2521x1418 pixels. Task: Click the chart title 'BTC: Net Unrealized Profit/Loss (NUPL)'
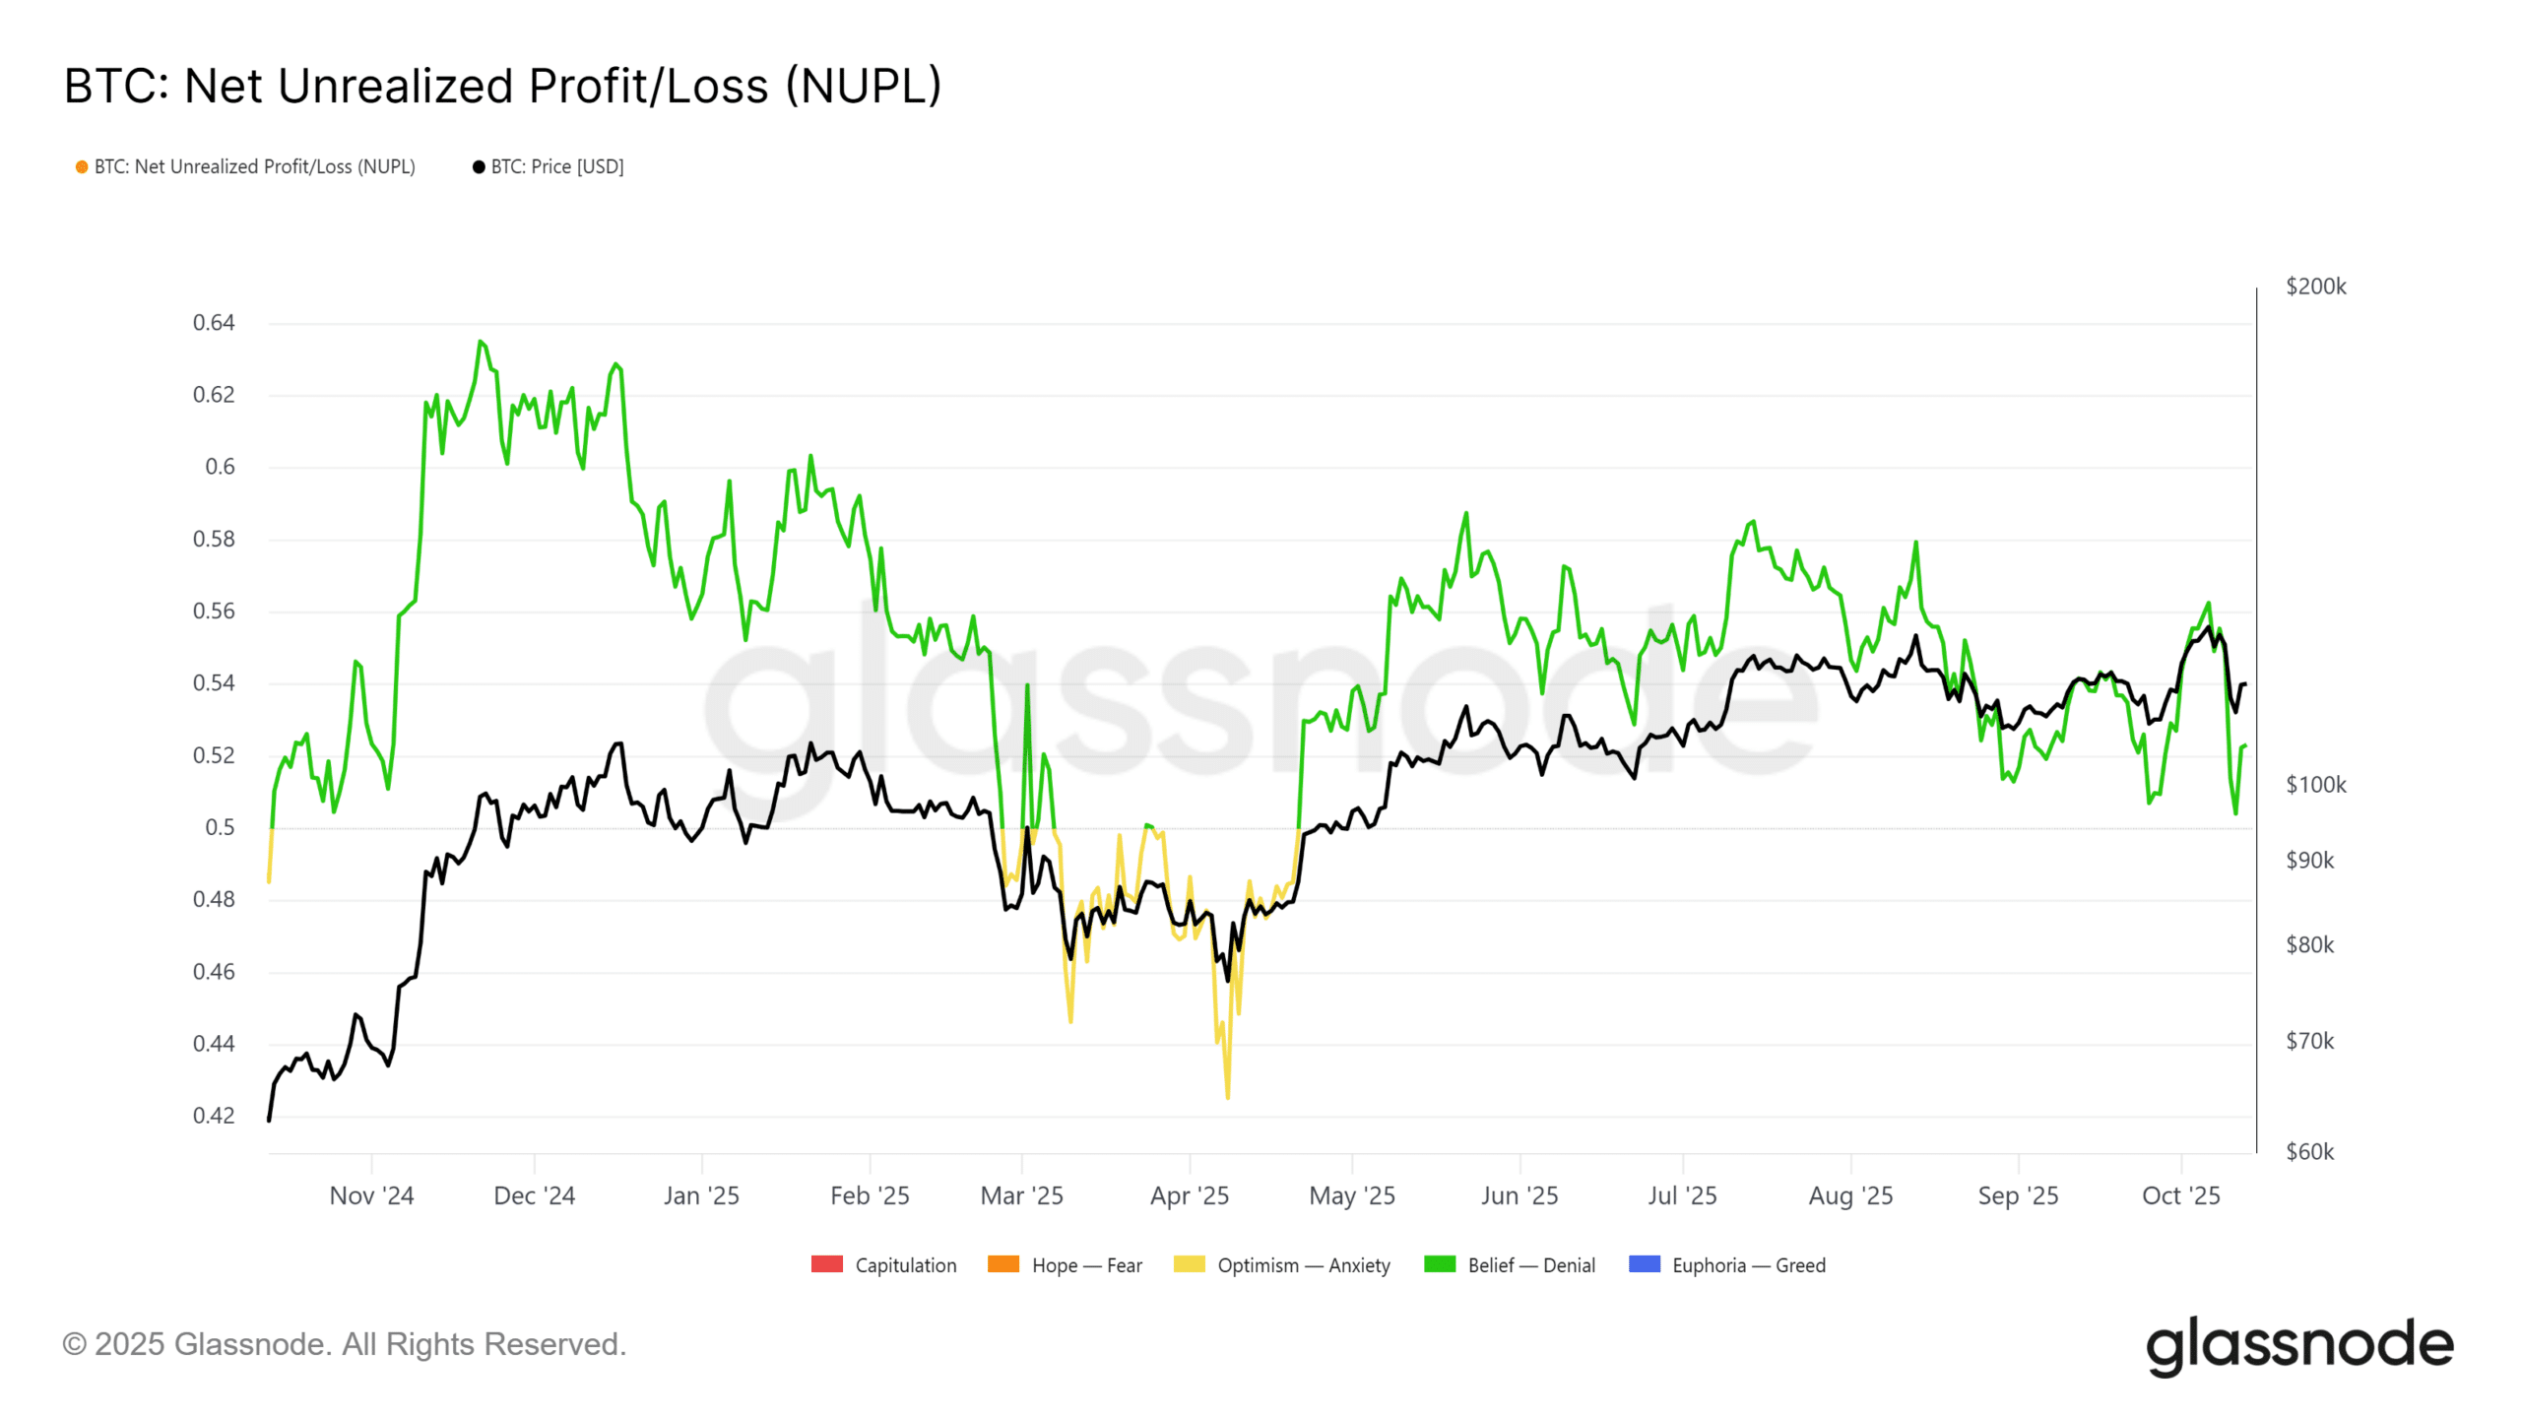(502, 86)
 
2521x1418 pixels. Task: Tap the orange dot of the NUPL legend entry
(82, 167)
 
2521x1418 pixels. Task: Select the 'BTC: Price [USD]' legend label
(556, 167)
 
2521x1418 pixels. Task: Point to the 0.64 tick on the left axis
(214, 323)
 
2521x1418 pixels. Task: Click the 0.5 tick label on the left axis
(220, 827)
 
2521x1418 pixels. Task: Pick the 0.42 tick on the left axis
(214, 1116)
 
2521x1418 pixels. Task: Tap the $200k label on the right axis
(2315, 287)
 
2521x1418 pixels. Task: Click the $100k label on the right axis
(2315, 785)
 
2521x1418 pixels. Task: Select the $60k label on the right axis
(2309, 1151)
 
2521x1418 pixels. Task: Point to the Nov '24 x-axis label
(371, 1195)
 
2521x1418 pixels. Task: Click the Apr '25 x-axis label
(1190, 1195)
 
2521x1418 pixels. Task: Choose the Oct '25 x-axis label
(2181, 1195)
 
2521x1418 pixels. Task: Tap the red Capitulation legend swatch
(826, 1264)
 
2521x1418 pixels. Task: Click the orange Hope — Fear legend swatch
(1003, 1264)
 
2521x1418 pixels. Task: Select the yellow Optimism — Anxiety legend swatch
(1189, 1264)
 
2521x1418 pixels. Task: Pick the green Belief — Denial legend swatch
(1440, 1264)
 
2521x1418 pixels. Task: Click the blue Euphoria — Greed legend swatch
(1645, 1264)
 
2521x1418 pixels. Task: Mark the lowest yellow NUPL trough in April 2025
(1228, 1096)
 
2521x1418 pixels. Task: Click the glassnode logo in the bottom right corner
(2299, 1345)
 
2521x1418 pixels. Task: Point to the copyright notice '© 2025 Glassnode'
(344, 1344)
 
